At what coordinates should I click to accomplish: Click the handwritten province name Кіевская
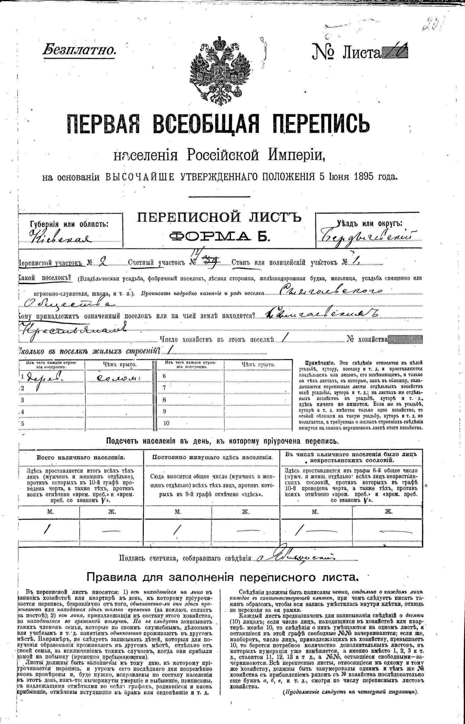tap(60, 239)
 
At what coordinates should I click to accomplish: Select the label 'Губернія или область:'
tap(69, 224)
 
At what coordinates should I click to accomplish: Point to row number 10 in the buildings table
tap(167, 423)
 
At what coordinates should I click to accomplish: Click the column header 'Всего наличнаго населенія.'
tap(81, 457)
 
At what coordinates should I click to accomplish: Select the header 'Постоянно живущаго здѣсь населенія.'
tap(212, 457)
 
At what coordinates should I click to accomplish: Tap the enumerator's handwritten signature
tap(296, 558)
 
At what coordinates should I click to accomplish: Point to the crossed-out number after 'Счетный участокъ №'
tap(213, 262)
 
